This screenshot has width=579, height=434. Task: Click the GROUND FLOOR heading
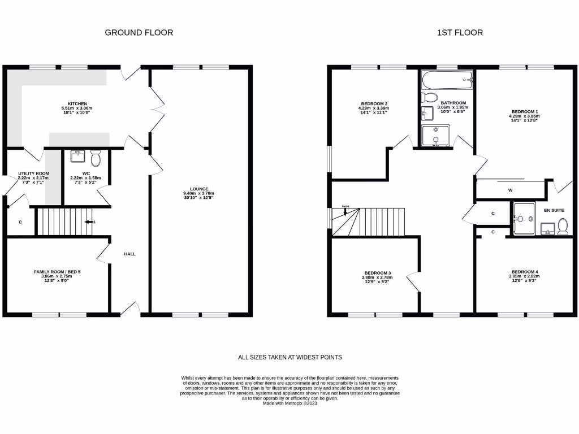139,33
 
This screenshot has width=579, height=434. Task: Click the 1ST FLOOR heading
460,33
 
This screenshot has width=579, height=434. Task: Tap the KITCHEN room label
77,104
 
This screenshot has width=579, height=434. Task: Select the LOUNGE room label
199,189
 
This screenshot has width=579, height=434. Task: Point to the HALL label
129,254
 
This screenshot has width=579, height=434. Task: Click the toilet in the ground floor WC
95,158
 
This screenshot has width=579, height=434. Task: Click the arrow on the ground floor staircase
88,222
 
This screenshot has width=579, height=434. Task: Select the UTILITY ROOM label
33,173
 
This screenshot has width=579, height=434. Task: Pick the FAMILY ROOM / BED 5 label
57,272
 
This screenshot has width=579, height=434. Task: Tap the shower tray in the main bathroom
435,135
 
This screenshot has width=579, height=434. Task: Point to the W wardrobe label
510,190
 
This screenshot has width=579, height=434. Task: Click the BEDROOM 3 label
378,272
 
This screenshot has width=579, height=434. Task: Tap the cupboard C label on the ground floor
20,222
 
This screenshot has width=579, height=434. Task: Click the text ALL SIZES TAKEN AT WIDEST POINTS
289,357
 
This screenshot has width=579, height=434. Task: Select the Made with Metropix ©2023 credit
289,403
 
